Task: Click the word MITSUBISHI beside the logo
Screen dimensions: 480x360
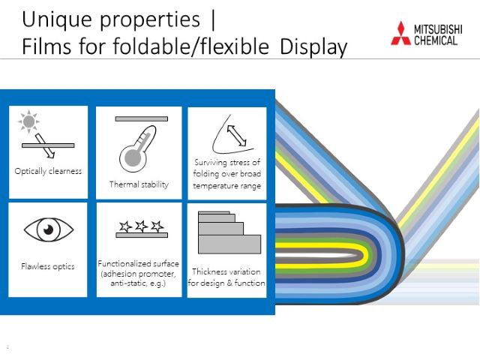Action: (438, 29)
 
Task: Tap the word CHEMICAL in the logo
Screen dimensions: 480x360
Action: (436, 40)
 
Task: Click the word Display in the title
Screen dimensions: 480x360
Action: (313, 46)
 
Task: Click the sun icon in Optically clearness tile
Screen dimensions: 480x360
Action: (28, 121)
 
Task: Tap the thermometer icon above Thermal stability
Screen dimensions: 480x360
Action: (138, 148)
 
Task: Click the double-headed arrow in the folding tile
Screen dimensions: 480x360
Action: (236, 136)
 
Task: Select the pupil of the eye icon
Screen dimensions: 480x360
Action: (48, 229)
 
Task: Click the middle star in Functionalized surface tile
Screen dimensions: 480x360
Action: (141, 226)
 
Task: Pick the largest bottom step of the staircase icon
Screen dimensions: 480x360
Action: (229, 244)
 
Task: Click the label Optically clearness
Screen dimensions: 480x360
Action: (48, 171)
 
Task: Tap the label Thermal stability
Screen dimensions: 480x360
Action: (139, 184)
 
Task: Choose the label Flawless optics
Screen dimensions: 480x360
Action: (48, 266)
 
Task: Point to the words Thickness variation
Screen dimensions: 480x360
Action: (226, 271)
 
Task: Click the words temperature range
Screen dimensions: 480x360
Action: (226, 186)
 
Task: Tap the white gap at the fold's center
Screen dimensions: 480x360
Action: (315, 255)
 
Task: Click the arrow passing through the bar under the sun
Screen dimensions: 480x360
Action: (45, 145)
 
